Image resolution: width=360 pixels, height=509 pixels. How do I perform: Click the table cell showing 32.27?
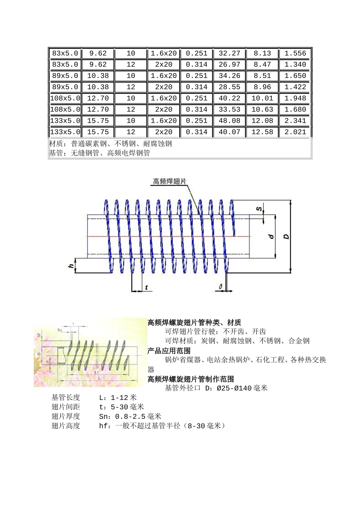click(x=229, y=53)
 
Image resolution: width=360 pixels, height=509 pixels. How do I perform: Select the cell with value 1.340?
click(x=295, y=64)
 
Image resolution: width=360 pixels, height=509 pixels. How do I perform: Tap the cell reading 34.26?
click(x=229, y=76)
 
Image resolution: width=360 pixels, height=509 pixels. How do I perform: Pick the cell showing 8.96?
click(x=262, y=87)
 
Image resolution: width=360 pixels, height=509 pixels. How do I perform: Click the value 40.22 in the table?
click(x=229, y=98)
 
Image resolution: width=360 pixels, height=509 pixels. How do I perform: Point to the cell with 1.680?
click(x=295, y=109)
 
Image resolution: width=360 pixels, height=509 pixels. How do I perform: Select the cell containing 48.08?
click(x=229, y=121)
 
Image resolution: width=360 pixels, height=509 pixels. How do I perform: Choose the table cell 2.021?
click(x=295, y=132)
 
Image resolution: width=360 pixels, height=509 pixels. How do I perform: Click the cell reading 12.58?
click(x=262, y=132)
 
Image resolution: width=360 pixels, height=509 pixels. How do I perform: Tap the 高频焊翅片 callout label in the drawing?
click(x=169, y=181)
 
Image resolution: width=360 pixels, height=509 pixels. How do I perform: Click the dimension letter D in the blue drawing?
click(x=286, y=237)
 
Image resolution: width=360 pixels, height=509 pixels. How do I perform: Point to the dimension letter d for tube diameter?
click(x=271, y=237)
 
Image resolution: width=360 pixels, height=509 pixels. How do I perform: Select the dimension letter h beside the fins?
click(x=71, y=266)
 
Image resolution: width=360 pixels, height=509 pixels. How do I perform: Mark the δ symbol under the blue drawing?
click(x=220, y=287)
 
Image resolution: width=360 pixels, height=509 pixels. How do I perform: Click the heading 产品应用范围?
click(x=169, y=351)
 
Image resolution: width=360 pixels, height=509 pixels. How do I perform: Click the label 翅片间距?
click(x=66, y=407)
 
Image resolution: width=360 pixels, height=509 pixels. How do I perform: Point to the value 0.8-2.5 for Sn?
click(x=130, y=417)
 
